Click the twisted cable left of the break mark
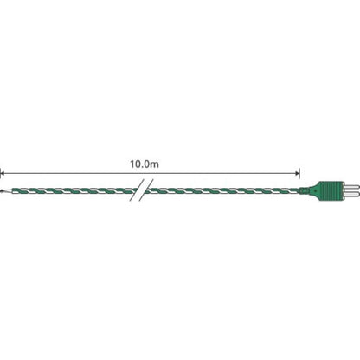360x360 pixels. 69,188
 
